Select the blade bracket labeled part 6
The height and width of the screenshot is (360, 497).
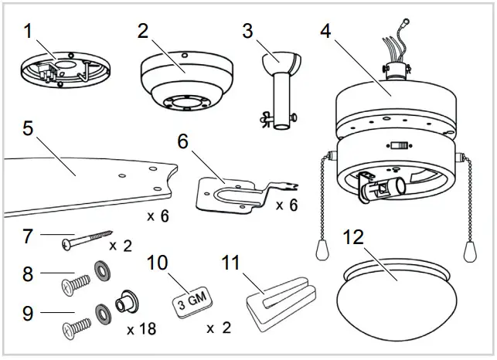tap(232, 193)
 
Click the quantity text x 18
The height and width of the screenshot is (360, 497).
tap(142, 328)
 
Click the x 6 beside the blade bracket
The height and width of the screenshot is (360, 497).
tap(287, 205)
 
